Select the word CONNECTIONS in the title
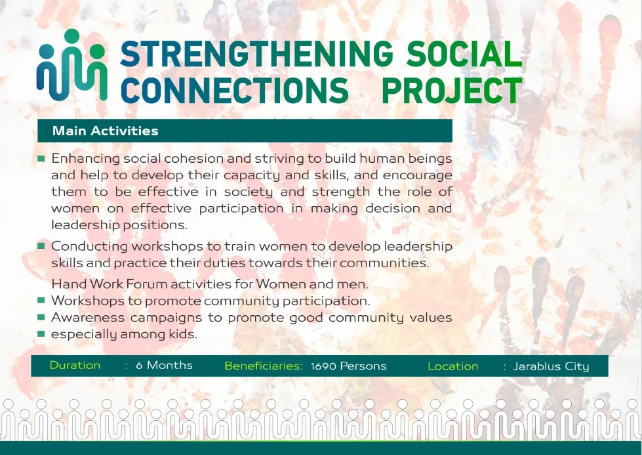[x=235, y=90]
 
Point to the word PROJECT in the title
[x=452, y=90]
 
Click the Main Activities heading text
[x=105, y=131]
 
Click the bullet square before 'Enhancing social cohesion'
[x=41, y=159]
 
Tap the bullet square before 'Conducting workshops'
[x=41, y=246]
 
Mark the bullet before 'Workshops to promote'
[x=41, y=301]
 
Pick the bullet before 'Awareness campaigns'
[x=41, y=318]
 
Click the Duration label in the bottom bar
[x=75, y=365]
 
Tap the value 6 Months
[x=164, y=365]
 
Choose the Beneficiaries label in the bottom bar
[x=263, y=366]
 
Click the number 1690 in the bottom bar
[x=324, y=366]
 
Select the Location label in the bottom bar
[x=452, y=366]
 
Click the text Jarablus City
[x=551, y=366]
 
